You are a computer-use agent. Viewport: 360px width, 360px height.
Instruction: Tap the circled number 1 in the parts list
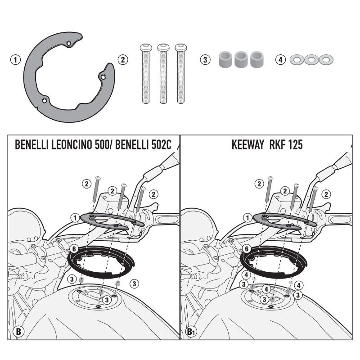click(x=16, y=60)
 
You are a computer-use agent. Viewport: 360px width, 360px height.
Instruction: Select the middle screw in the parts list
click(x=163, y=73)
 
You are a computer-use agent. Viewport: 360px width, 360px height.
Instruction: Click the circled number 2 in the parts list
click(x=123, y=60)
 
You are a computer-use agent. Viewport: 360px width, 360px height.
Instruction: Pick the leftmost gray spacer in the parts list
click(x=225, y=60)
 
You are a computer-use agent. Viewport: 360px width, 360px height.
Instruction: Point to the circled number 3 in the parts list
click(x=205, y=60)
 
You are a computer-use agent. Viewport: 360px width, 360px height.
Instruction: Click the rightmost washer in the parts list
click(x=326, y=60)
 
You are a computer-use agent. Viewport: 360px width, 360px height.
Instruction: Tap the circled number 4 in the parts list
click(x=280, y=60)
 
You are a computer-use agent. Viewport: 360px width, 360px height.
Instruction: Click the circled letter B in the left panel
click(x=18, y=332)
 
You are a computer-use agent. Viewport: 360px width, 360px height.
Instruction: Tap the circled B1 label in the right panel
click(x=191, y=332)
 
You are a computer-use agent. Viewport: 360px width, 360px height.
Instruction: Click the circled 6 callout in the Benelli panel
click(x=74, y=249)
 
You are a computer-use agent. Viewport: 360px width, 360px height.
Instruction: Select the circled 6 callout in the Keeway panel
click(x=247, y=249)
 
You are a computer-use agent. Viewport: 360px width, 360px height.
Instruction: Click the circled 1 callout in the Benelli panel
click(x=75, y=218)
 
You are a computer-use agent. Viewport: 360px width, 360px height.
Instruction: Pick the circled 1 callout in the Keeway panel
click(x=247, y=218)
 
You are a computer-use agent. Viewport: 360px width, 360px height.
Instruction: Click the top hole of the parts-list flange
click(x=68, y=43)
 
